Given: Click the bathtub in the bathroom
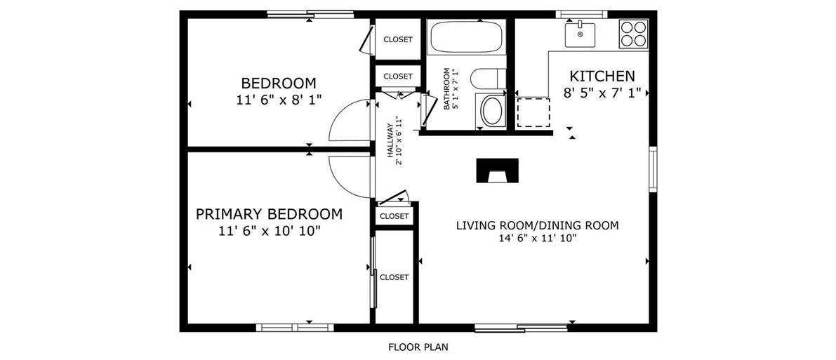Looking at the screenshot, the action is (x=467, y=36).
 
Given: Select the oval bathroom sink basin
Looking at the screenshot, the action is (x=492, y=110).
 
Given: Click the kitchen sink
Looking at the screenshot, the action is (x=580, y=34).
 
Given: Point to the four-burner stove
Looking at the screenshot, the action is (x=633, y=34).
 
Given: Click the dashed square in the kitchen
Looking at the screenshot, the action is (x=533, y=112).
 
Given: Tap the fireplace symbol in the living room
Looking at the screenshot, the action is (x=497, y=171).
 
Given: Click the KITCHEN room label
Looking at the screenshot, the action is (x=602, y=76).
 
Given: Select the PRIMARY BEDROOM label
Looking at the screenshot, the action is (x=269, y=215).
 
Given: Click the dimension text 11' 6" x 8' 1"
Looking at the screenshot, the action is (x=279, y=99).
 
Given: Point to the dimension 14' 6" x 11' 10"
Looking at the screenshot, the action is (x=538, y=239).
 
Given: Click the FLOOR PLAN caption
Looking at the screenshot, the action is (x=418, y=347).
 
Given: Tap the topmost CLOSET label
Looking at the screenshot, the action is (x=398, y=39).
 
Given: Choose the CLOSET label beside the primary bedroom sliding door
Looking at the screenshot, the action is (x=394, y=277).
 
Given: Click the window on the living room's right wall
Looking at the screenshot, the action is (x=653, y=169).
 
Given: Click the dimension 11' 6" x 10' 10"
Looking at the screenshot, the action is (x=269, y=231).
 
